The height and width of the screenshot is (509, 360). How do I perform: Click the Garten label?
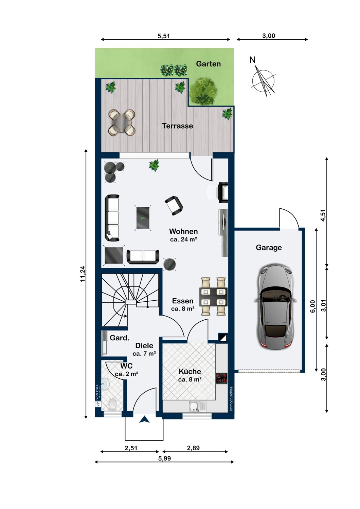pyautogui.click(x=208, y=64)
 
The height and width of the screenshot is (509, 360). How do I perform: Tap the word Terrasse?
pyautogui.click(x=177, y=126)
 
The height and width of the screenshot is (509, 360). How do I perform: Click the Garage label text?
pyautogui.click(x=269, y=248)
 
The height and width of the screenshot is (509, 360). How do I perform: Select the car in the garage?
pyautogui.click(x=275, y=306)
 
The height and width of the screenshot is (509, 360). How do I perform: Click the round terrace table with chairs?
pyautogui.click(x=122, y=122)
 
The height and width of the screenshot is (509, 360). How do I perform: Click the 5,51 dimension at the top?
pyautogui.click(x=164, y=36)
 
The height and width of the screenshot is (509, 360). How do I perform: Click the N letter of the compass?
pyautogui.click(x=252, y=60)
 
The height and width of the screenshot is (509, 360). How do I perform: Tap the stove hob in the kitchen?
pyautogui.click(x=222, y=378)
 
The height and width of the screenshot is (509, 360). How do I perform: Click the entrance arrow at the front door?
pyautogui.click(x=144, y=419)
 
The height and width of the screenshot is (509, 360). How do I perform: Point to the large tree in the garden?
pyautogui.click(x=203, y=91)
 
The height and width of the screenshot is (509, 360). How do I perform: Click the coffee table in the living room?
pyautogui.click(x=143, y=218)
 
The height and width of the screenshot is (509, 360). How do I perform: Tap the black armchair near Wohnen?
pyautogui.click(x=174, y=206)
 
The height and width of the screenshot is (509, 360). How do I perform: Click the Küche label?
pyautogui.click(x=190, y=372)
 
